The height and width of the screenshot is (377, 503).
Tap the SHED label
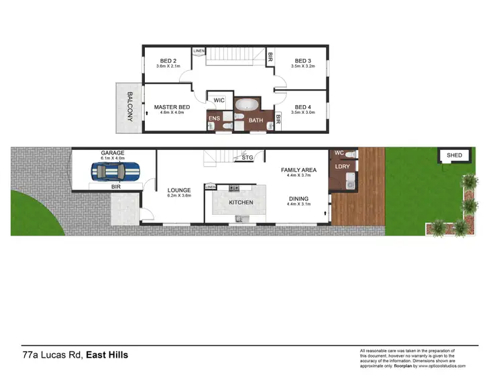pyautogui.click(x=455, y=155)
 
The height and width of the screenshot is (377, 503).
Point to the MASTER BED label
pyautogui.click(x=172, y=107)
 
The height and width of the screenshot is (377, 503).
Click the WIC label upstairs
pyautogui.click(x=219, y=100)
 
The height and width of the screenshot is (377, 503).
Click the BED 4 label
pyautogui.click(x=303, y=107)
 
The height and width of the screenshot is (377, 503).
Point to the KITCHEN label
pyautogui.click(x=241, y=202)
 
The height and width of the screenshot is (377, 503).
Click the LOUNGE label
pyautogui.click(x=179, y=190)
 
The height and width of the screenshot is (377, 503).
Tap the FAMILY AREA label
pyautogui.click(x=299, y=170)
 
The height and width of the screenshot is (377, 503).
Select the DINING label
pyautogui.click(x=299, y=198)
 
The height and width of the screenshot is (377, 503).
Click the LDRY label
pyautogui.click(x=342, y=167)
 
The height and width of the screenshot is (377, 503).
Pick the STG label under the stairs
pyautogui.click(x=247, y=158)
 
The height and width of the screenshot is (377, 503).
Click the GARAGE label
pyautogui.click(x=113, y=153)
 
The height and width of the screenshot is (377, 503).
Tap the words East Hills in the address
pyautogui.click(x=107, y=354)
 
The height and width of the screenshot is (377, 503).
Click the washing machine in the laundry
pyautogui.click(x=349, y=181)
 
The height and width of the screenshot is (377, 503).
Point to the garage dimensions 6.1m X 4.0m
pyautogui.click(x=113, y=159)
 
